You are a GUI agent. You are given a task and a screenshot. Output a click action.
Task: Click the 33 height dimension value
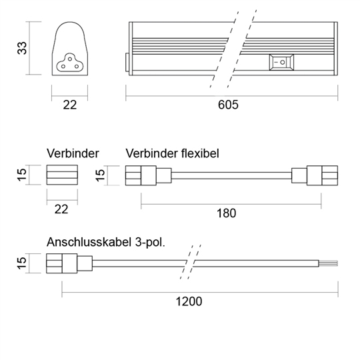click(x=22, y=48)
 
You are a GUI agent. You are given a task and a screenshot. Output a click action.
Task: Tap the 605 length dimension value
click(x=228, y=105)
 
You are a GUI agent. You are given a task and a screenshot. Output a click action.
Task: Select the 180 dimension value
click(x=227, y=213)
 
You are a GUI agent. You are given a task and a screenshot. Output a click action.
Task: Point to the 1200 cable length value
click(x=189, y=301)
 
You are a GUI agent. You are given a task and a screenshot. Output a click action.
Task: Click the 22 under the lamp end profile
click(x=69, y=105)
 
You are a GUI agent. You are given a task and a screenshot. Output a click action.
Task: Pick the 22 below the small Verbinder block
click(x=61, y=209)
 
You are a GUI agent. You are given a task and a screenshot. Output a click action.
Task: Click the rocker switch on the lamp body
click(x=281, y=62)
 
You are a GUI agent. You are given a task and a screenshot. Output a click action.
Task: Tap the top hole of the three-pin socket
click(x=70, y=59)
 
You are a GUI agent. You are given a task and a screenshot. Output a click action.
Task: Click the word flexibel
click(x=200, y=153)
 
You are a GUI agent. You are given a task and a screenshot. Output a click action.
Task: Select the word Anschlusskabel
click(x=89, y=242)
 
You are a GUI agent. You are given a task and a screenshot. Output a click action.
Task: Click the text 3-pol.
click(x=150, y=242)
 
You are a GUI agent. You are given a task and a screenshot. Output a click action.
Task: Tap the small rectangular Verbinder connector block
click(x=62, y=175)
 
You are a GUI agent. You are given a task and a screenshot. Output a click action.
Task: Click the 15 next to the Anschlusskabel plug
click(x=22, y=263)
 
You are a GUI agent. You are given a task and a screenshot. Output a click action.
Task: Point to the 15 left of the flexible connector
click(x=100, y=175)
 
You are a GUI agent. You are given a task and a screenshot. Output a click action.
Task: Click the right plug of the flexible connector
click(x=315, y=175)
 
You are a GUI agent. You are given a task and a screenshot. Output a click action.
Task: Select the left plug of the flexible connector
click(x=148, y=175)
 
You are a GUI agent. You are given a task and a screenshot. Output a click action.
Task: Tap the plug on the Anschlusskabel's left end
click(x=69, y=263)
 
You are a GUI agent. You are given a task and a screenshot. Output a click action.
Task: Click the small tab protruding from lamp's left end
click(x=127, y=62)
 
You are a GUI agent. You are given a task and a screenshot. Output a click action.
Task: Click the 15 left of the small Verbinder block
click(x=22, y=175)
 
